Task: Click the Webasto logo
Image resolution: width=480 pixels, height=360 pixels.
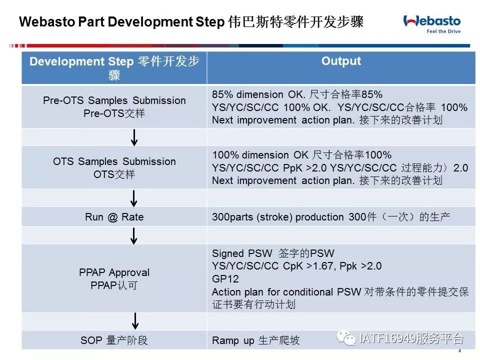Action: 431,24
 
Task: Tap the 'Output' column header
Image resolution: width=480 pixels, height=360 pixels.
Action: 341,61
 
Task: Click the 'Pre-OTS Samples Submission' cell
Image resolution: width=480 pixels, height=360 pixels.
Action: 114,107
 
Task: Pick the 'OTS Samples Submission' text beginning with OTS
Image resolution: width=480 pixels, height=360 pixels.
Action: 114,161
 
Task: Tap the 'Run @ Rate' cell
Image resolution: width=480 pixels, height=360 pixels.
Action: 114,216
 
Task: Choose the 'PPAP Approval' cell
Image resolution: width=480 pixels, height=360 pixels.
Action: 114,278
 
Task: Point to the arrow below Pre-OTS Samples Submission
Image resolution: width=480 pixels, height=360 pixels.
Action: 134,137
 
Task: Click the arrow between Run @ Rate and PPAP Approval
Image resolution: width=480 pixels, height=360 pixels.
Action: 134,236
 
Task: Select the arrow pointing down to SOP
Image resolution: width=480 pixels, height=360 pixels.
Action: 135,321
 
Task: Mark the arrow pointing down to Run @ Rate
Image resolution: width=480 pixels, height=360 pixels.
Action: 134,198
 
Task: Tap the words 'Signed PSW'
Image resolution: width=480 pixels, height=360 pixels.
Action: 242,253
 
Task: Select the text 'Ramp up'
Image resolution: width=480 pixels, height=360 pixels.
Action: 233,340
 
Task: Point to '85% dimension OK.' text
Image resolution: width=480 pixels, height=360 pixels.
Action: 258,94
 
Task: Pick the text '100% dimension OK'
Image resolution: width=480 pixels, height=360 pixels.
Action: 260,155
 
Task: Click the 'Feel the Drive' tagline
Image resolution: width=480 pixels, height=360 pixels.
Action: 443,31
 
